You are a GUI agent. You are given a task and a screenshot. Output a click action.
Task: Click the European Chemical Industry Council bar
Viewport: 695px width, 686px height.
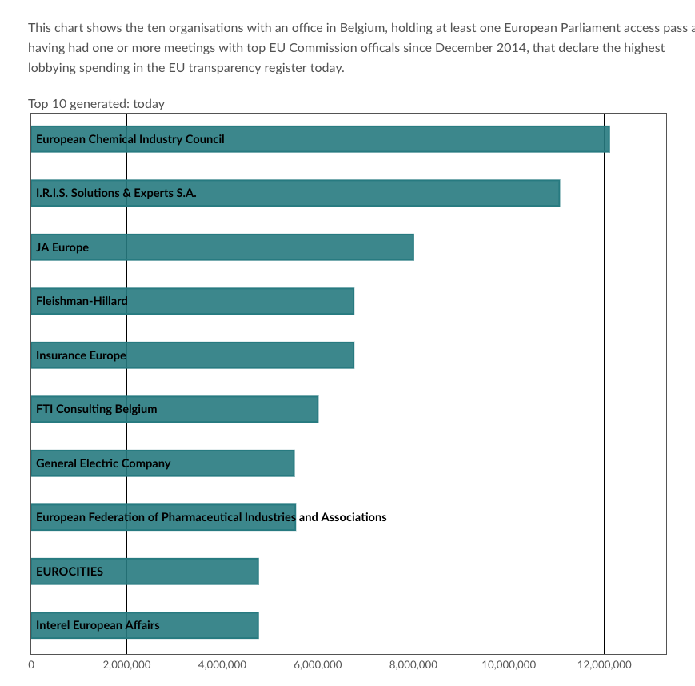click(x=320, y=139)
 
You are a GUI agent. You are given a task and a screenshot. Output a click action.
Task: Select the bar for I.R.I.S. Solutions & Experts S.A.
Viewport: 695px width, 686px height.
click(x=295, y=193)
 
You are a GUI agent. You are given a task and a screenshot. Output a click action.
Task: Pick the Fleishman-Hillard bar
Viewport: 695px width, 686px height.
click(x=192, y=301)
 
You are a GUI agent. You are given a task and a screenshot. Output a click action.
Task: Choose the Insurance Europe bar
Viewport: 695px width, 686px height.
click(x=192, y=355)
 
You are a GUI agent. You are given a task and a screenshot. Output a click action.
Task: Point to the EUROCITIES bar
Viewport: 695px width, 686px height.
click(x=145, y=572)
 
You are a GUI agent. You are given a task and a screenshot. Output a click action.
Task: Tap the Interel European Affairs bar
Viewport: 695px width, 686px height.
click(x=145, y=625)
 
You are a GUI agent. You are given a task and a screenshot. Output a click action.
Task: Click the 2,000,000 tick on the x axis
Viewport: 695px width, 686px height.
click(x=126, y=664)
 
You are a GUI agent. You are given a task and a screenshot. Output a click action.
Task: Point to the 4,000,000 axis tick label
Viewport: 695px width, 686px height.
click(x=222, y=664)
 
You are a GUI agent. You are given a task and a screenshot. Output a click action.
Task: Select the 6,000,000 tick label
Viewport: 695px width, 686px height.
click(x=318, y=664)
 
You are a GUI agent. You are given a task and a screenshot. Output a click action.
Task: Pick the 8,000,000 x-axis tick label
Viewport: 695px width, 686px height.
click(x=413, y=664)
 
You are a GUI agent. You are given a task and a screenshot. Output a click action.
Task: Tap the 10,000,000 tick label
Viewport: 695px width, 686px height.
click(x=509, y=664)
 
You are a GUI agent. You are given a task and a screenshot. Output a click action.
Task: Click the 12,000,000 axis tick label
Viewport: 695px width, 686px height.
click(x=604, y=664)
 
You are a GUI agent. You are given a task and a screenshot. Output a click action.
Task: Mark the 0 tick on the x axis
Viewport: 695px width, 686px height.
click(x=31, y=664)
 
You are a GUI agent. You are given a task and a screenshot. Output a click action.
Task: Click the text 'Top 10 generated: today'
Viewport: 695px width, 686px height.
click(x=96, y=104)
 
